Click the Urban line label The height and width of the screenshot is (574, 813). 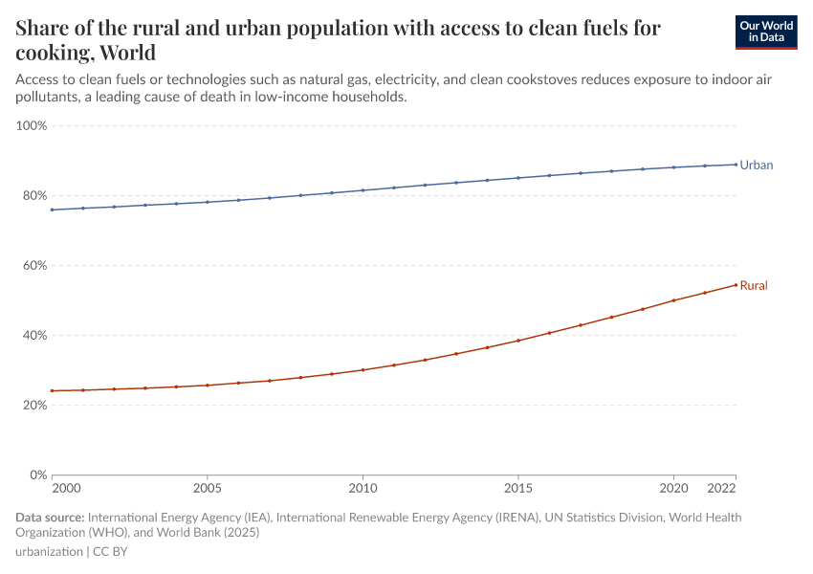756,166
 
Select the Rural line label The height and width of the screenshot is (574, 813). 754,285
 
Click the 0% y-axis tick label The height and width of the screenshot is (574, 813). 38,475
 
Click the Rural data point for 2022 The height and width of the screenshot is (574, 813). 736,284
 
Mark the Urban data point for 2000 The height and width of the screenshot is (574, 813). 52,210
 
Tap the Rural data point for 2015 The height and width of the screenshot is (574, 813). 518,341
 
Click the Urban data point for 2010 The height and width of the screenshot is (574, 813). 363,190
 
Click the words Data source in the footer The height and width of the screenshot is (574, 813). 49,518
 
